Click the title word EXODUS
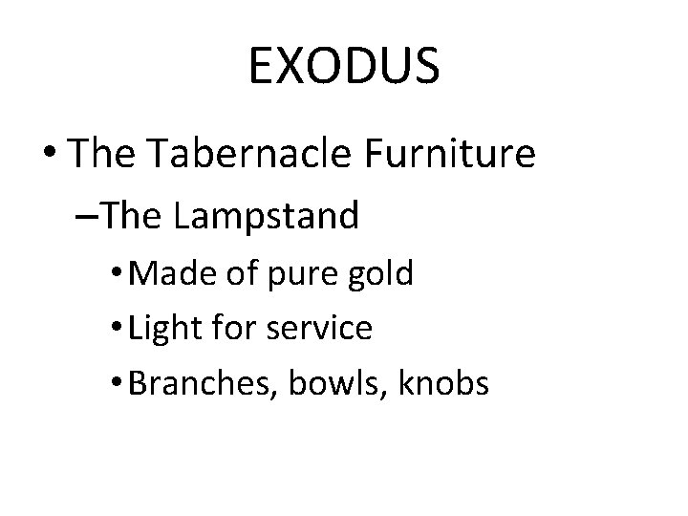click(344, 66)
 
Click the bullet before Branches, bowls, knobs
click(118, 385)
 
